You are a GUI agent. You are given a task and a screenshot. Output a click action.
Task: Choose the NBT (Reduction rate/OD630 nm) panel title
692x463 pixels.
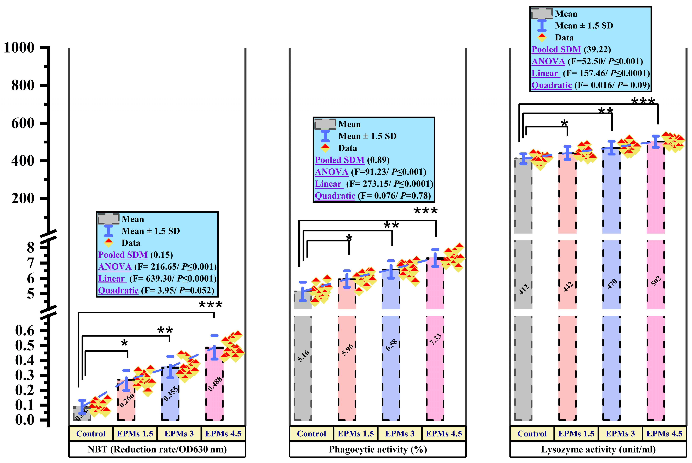point(157,449)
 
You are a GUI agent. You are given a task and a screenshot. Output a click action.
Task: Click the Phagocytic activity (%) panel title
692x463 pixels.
point(378,449)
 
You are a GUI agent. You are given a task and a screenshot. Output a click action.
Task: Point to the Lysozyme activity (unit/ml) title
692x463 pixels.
point(598,449)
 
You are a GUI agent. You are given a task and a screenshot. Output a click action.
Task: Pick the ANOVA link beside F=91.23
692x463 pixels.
point(331,172)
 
